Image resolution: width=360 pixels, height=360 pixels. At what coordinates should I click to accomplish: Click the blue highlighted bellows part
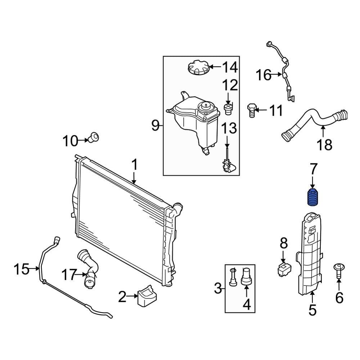pos(312,197)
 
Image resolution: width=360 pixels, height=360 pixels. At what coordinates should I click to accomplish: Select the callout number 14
pos(230,67)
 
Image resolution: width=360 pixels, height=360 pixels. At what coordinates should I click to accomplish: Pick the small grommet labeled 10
pos(95,137)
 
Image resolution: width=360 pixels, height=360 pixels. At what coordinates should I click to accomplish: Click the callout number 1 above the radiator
pos(134,165)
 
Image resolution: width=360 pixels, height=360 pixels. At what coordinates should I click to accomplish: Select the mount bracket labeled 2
pos(147,296)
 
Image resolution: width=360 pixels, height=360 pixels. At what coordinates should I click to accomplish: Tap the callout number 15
pos(22,269)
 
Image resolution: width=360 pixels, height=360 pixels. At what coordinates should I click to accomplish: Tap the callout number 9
pos(155,125)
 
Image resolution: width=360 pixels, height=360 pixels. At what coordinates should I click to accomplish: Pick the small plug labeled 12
pos(228,108)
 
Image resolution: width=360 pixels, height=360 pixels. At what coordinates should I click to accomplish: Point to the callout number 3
pos(217,288)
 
